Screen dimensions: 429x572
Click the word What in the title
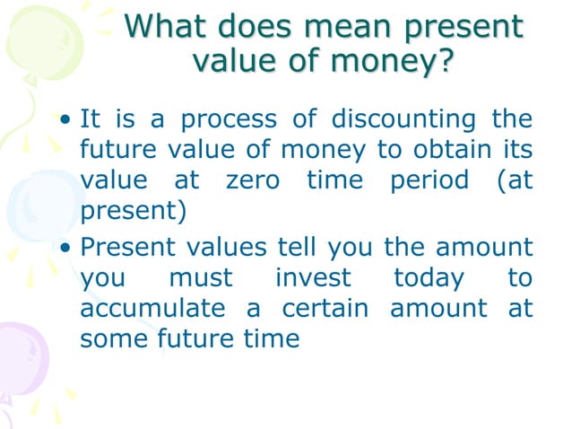pos(163,26)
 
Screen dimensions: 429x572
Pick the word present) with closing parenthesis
pos(134,212)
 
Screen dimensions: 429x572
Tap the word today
pos(429,277)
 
